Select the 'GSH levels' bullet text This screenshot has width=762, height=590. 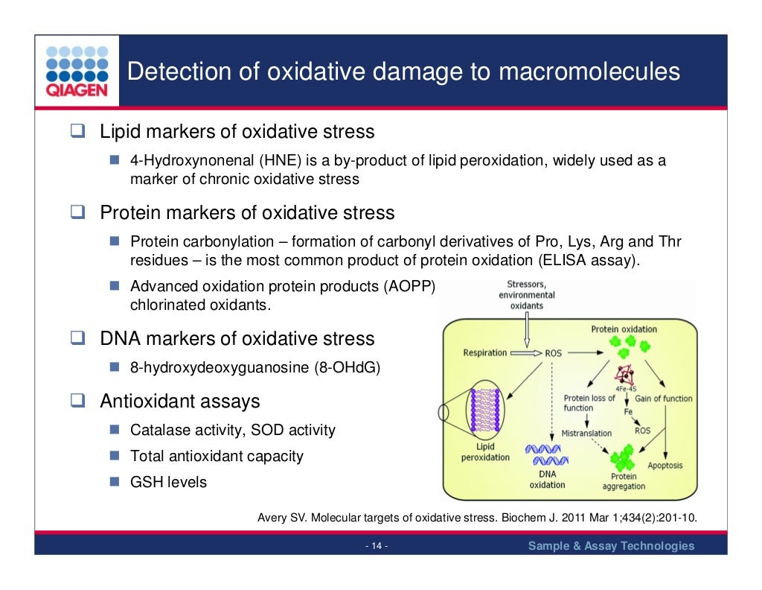[x=168, y=482]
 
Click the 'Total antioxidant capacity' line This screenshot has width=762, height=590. [x=217, y=456]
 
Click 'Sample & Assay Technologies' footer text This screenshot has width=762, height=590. [x=611, y=546]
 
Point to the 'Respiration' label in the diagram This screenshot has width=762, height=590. [x=484, y=352]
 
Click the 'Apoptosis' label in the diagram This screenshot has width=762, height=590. [x=665, y=466]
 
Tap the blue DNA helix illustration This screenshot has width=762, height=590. [x=548, y=454]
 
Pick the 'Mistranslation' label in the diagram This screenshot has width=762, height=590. [x=586, y=433]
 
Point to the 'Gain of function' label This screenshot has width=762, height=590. [x=663, y=399]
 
